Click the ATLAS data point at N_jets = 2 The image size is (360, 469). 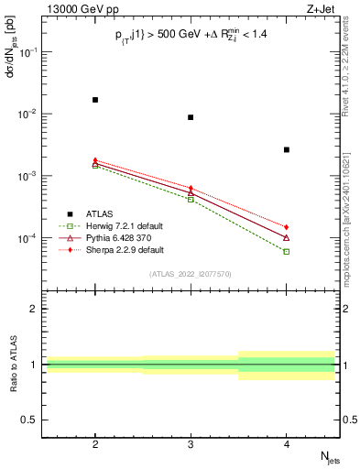pyautogui.click(x=95, y=100)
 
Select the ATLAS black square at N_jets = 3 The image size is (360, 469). pyautogui.click(x=191, y=117)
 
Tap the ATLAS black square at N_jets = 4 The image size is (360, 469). pyautogui.click(x=287, y=149)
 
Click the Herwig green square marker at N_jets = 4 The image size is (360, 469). pyautogui.click(x=287, y=251)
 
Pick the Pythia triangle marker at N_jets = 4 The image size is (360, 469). pyautogui.click(x=287, y=237)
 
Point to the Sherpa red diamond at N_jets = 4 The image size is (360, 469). pyautogui.click(x=287, y=226)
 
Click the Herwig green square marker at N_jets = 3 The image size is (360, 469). pyautogui.click(x=191, y=199)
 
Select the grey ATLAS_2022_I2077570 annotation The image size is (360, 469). pyautogui.click(x=191, y=274)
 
